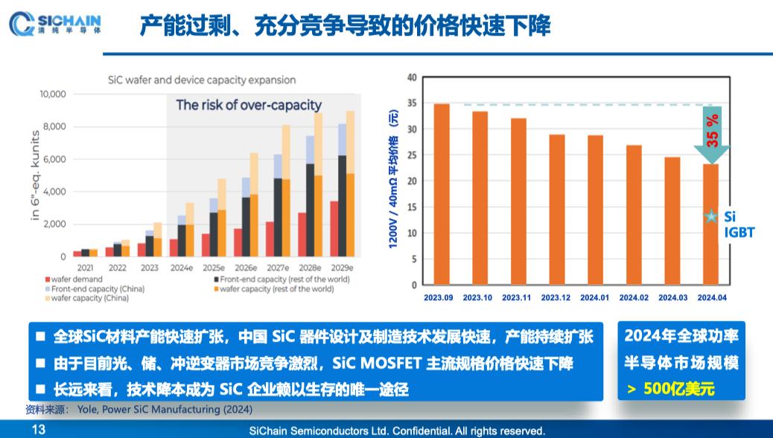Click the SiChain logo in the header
[57, 25]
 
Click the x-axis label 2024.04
[711, 297]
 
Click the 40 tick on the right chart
[412, 77]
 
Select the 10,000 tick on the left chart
[52, 95]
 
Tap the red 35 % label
[712, 129]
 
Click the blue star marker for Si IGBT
[711, 217]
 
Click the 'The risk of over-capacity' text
[249, 105]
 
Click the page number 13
[38, 430]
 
